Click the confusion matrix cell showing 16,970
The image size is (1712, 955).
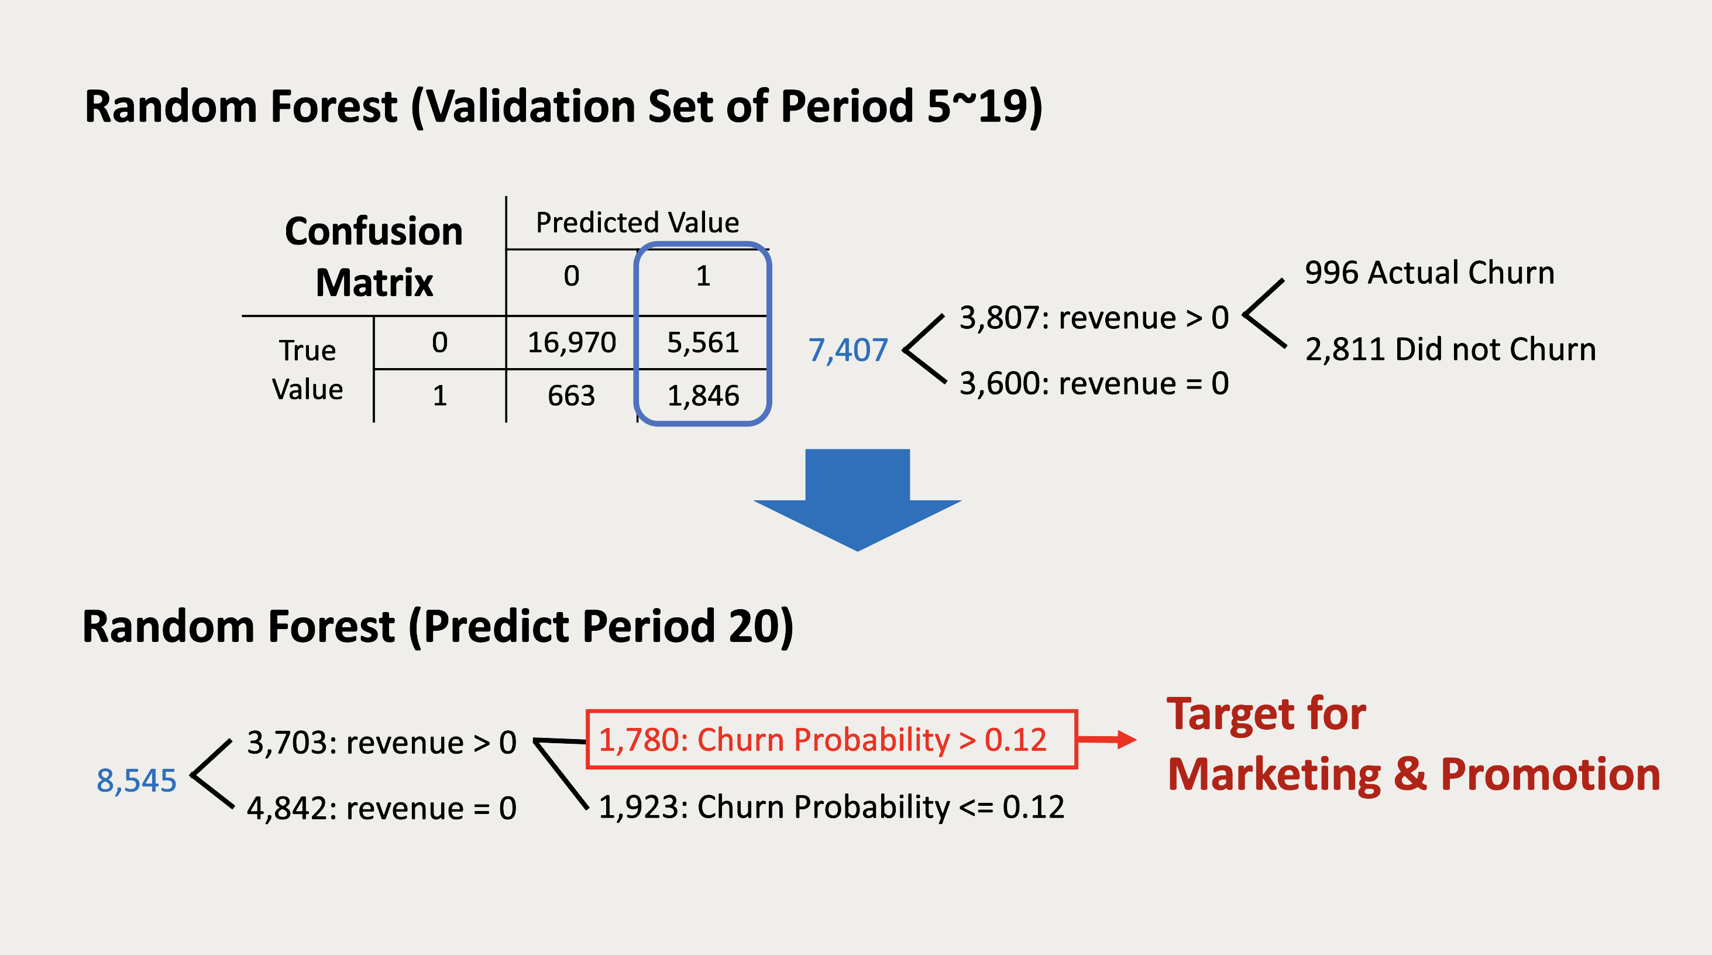(572, 343)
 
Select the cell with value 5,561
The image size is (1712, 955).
(703, 343)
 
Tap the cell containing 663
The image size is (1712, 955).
(572, 396)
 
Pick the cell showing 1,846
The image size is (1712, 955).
(703, 396)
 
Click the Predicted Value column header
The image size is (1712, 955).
(637, 222)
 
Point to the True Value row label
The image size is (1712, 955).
(307, 369)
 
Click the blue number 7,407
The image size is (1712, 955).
(847, 351)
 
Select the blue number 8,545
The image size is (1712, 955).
(136, 781)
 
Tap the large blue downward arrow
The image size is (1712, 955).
(857, 500)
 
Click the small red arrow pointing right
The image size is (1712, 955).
(1106, 739)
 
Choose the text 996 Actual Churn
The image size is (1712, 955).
(1429, 273)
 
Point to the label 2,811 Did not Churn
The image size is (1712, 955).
(1450, 349)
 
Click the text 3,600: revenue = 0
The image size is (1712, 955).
(1094, 383)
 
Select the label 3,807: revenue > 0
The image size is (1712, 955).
(1094, 318)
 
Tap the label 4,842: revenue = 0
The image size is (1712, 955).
(381, 809)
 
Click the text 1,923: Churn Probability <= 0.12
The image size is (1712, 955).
(831, 808)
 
